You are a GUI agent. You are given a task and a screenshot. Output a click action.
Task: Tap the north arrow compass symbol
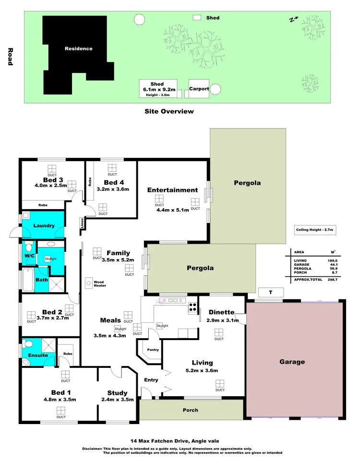point(293,20)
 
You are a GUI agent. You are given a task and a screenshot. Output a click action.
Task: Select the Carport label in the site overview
point(199,89)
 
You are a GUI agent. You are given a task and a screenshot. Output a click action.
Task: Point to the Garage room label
point(292,362)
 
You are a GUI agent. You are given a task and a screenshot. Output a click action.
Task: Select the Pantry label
point(153,350)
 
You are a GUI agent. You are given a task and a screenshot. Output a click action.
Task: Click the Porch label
point(190,410)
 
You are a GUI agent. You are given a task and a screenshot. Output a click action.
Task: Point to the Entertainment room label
point(172,190)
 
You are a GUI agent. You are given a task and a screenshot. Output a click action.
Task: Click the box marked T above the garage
point(270,292)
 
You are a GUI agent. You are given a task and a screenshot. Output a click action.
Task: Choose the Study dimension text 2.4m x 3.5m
point(118,399)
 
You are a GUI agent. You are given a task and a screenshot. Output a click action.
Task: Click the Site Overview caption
point(169,111)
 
